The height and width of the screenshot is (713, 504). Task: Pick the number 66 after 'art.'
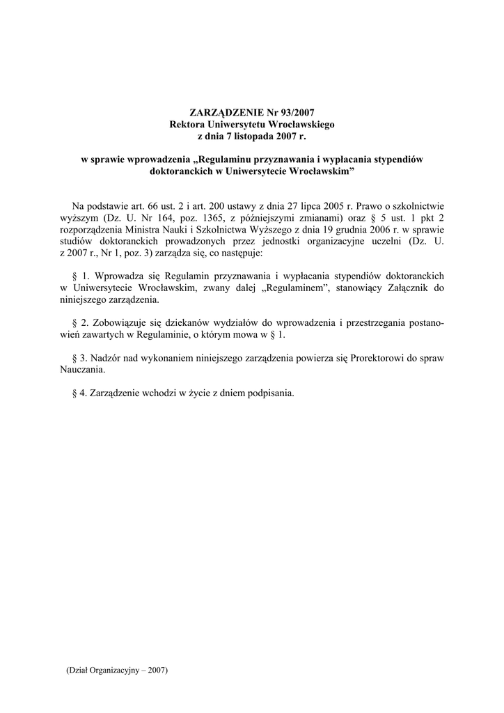pyautogui.click(x=155, y=206)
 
